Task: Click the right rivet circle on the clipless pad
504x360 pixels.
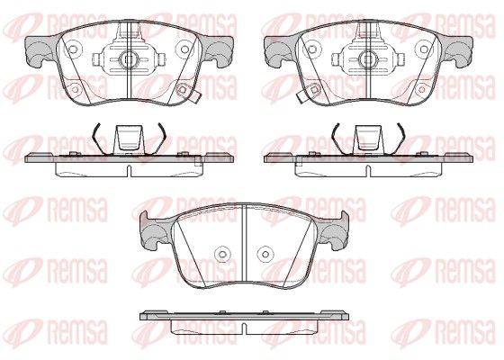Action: pos(265,254)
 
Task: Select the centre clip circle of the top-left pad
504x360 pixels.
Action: pos(129,59)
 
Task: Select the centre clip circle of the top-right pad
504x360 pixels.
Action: pos(368,59)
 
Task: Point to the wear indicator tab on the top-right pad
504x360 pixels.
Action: pos(301,97)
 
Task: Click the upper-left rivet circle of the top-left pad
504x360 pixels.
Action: pos(73,49)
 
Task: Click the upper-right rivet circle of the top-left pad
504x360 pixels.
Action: pos(184,49)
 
